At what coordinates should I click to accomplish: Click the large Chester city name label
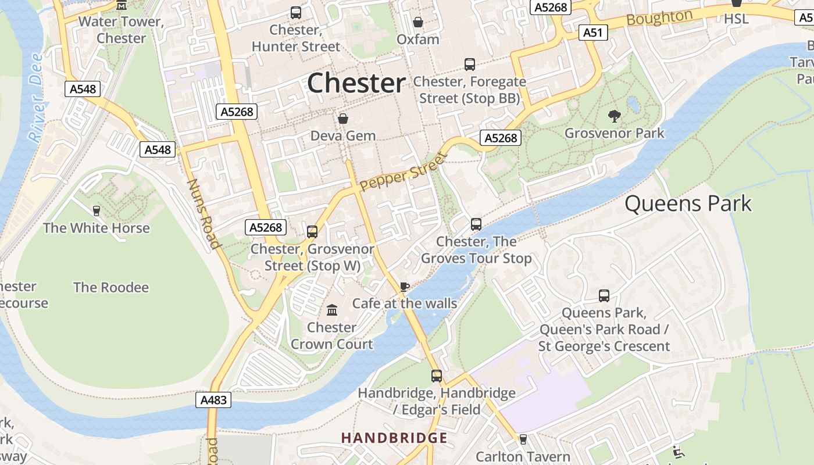coord(356,83)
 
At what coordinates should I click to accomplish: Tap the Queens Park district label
coord(688,203)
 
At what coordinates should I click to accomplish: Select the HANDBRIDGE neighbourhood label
coord(394,438)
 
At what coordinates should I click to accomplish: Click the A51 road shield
coord(593,33)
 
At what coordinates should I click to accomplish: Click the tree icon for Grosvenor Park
coord(614,116)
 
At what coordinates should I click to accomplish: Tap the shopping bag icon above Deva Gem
coord(343,119)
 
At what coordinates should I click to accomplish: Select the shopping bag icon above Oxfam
coord(417,22)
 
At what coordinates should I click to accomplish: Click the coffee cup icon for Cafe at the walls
coord(405,286)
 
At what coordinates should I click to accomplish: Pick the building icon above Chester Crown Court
coord(332,310)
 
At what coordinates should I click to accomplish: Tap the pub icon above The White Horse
coord(97,210)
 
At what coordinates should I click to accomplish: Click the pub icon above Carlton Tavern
coord(523,439)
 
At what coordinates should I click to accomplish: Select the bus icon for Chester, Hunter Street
coord(296,12)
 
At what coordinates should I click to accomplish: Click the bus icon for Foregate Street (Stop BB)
coord(469,65)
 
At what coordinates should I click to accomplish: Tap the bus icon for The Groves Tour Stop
coord(476,224)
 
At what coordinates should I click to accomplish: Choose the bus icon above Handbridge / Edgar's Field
coord(437,376)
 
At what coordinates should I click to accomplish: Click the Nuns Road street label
coord(203,213)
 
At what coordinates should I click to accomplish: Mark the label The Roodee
coord(110,287)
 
